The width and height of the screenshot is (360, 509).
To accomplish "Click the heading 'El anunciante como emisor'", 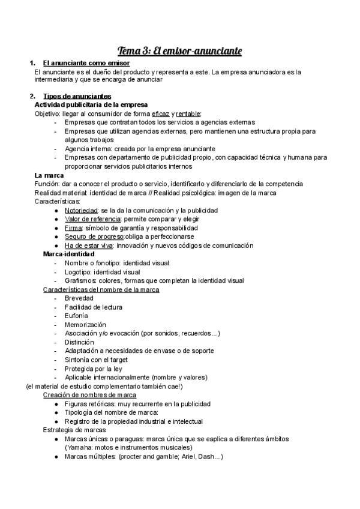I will tap(86, 64).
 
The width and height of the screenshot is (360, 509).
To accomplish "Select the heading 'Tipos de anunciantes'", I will tap(77, 97).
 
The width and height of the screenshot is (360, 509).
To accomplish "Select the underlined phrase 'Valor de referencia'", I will tap(93, 219).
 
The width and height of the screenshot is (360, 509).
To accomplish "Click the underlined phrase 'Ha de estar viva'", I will tap(88, 245).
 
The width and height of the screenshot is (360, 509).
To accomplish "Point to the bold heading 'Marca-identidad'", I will tap(69, 254).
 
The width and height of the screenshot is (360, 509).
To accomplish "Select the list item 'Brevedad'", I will tap(79, 298).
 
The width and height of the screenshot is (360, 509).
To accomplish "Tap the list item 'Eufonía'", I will tap(76, 316).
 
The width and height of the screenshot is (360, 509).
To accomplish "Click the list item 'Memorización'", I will tap(85, 325).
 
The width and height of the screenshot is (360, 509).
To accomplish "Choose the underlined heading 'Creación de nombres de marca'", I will tap(89, 395).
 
